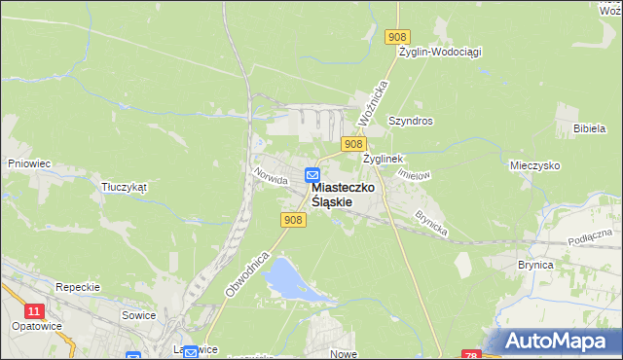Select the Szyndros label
pyautogui.click(x=410, y=121)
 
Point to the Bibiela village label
pyautogui.click(x=590, y=128)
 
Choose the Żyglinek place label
pyautogui.click(x=383, y=158)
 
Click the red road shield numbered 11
pyautogui.click(x=35, y=310)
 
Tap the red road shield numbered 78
pyautogui.click(x=472, y=355)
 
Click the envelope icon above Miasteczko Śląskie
pyautogui.click(x=311, y=175)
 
